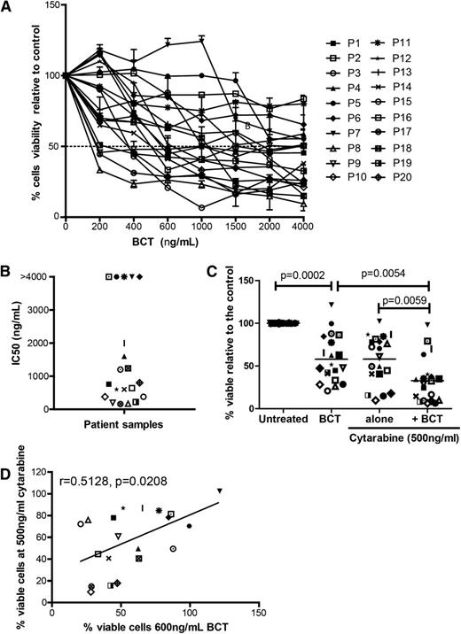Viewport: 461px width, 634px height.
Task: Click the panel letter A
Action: coord(8,8)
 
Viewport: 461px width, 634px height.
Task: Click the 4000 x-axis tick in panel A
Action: coord(305,228)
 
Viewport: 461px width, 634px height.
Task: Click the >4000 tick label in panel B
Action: coord(38,276)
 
